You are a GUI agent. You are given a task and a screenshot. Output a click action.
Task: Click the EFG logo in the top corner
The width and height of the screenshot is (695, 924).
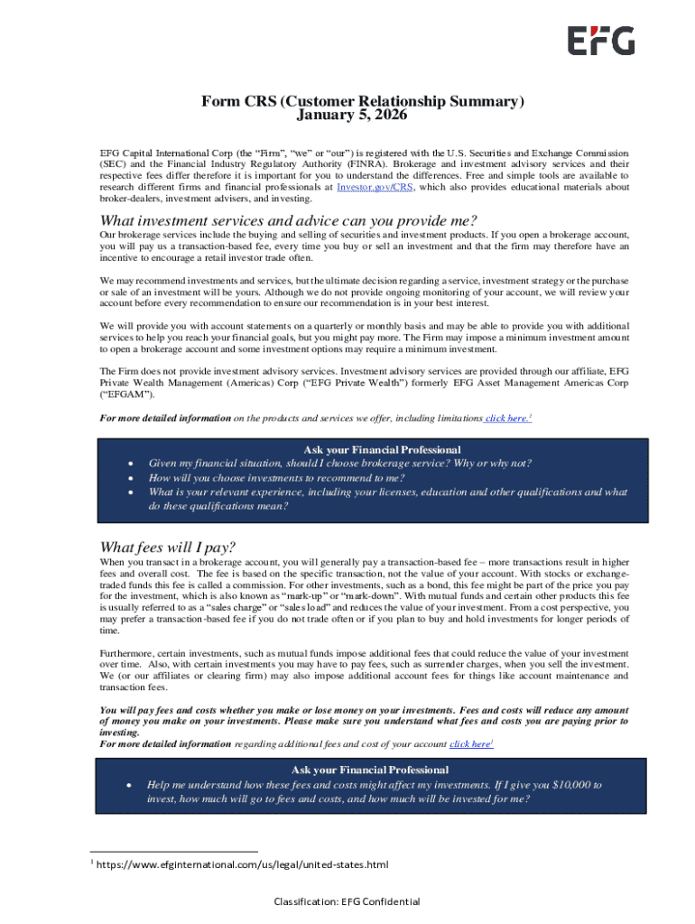point(600,41)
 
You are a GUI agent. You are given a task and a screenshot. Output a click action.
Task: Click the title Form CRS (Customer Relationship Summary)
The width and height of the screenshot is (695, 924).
point(362,102)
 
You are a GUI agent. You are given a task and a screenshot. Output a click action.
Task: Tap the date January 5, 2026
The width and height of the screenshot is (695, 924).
point(352,115)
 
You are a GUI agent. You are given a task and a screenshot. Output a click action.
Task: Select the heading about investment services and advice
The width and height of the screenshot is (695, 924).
point(288,222)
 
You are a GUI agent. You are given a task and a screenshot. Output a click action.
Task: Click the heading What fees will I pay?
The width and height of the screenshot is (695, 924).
point(167,547)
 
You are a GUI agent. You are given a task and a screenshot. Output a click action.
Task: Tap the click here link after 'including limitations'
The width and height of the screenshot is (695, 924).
point(507,418)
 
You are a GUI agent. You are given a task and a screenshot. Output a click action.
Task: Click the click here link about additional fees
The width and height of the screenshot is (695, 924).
point(470,744)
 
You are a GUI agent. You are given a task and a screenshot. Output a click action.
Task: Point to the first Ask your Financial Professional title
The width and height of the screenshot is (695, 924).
point(382,449)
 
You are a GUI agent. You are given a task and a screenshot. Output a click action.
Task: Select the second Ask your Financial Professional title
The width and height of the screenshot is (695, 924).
point(370,770)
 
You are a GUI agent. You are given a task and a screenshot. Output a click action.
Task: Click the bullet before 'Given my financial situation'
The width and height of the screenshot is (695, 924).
point(132,464)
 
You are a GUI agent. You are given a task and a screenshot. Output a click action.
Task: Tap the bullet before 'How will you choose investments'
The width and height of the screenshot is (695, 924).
point(132,478)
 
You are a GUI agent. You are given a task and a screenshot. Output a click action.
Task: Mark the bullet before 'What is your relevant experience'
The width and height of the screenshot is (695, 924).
point(132,493)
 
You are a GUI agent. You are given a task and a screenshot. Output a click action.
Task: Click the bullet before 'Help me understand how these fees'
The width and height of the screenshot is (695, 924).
point(132,785)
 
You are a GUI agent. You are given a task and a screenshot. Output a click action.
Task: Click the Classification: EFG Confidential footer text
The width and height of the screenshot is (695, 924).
point(347,901)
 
